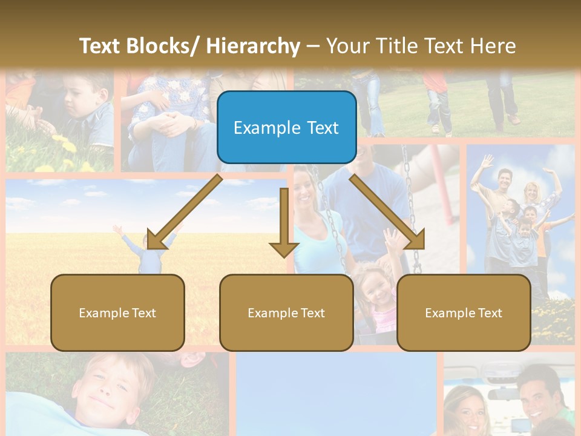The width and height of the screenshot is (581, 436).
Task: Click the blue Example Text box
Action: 286,128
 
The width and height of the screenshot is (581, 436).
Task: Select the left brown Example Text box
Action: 117,312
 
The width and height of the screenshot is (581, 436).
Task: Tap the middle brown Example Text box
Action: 286,312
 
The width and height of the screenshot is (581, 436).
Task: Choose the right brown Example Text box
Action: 464,312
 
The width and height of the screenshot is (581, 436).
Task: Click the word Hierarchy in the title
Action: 253,46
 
